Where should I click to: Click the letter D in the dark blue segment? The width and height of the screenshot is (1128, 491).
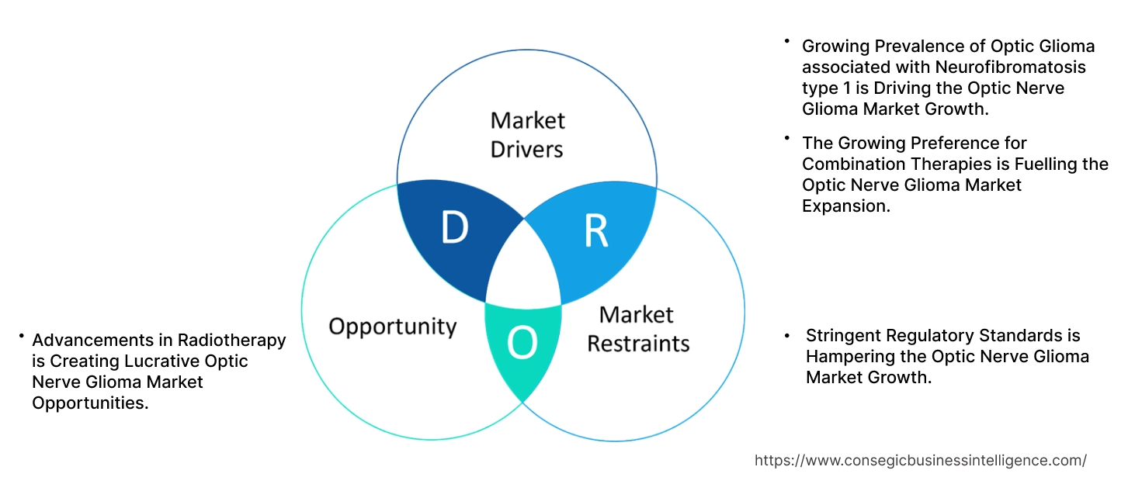click(x=455, y=227)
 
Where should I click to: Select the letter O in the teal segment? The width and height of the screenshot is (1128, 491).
click(x=522, y=344)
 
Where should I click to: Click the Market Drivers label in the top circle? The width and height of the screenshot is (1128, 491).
click(x=527, y=134)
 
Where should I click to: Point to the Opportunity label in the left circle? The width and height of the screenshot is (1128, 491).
click(x=392, y=326)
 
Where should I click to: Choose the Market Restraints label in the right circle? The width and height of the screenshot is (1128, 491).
click(x=637, y=328)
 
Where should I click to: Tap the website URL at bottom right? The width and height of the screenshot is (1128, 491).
click(x=920, y=460)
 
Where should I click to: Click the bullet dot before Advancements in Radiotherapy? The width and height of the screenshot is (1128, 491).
click(x=23, y=337)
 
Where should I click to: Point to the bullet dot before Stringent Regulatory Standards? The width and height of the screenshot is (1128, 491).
click(x=789, y=335)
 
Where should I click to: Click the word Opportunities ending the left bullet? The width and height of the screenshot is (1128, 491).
click(x=90, y=403)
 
